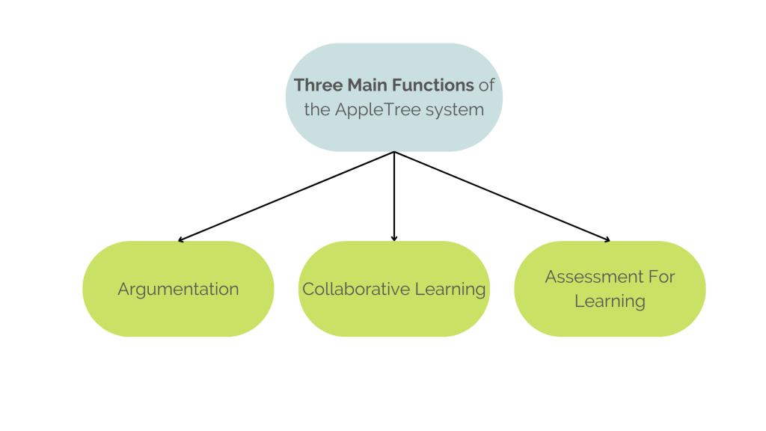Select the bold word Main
359,85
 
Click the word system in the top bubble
454,110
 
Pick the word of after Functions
486,85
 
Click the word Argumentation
178,290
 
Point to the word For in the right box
661,277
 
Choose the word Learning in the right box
610,302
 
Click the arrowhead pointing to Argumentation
181,240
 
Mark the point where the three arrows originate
394,152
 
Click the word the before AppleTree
316,109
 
